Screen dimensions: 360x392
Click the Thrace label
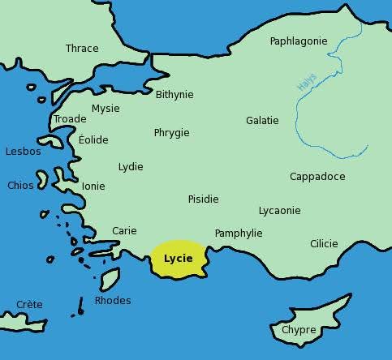[82, 49]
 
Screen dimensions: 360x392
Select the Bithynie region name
[174, 94]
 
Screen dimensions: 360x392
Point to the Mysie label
[106, 108]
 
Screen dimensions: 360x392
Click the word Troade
[70, 119]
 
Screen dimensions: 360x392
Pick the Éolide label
[93, 139]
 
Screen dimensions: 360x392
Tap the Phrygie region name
[171, 132]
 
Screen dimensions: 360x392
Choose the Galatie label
[262, 121]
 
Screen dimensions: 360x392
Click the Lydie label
[131, 167]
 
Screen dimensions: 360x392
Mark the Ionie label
[93, 186]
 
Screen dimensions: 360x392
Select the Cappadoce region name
[317, 177]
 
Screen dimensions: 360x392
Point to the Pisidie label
[203, 199]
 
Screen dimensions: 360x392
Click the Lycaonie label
[279, 211]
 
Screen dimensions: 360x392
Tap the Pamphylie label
[239, 234]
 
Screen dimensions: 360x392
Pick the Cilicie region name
[324, 243]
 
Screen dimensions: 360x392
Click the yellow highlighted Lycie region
[179, 259]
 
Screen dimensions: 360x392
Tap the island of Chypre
[299, 330]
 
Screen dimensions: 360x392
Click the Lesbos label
[23, 152]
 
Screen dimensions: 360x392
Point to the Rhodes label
[113, 301]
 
